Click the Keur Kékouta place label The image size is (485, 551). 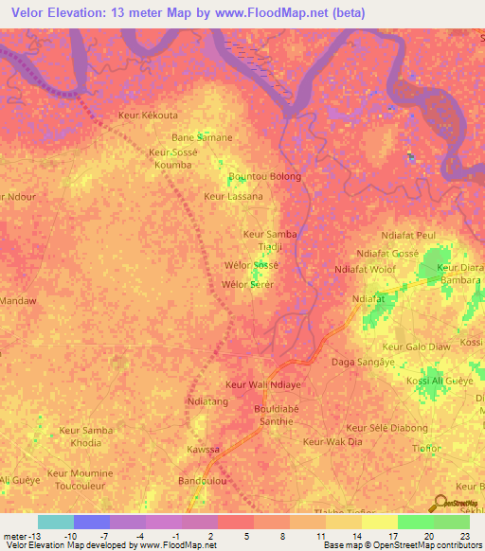pyautogui.click(x=147, y=115)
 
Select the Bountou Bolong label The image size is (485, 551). pyautogui.click(x=265, y=176)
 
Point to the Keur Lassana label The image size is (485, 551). pyautogui.click(x=233, y=197)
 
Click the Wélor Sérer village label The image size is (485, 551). pyautogui.click(x=247, y=284)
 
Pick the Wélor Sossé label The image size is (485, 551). pyautogui.click(x=249, y=265)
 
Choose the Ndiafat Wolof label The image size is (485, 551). pyautogui.click(x=366, y=270)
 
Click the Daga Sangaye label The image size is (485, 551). pyautogui.click(x=362, y=362)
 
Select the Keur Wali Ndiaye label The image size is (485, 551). pyautogui.click(x=262, y=384)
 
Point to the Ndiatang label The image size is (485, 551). pyautogui.click(x=208, y=401)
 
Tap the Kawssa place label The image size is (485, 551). pyautogui.click(x=203, y=449)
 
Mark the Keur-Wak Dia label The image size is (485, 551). pyautogui.click(x=332, y=442)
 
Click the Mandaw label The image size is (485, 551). pyautogui.click(x=18, y=301)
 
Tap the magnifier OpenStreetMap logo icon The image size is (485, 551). pyautogui.click(x=441, y=504)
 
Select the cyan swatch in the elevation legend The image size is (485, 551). pyautogui.click(x=56, y=522)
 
